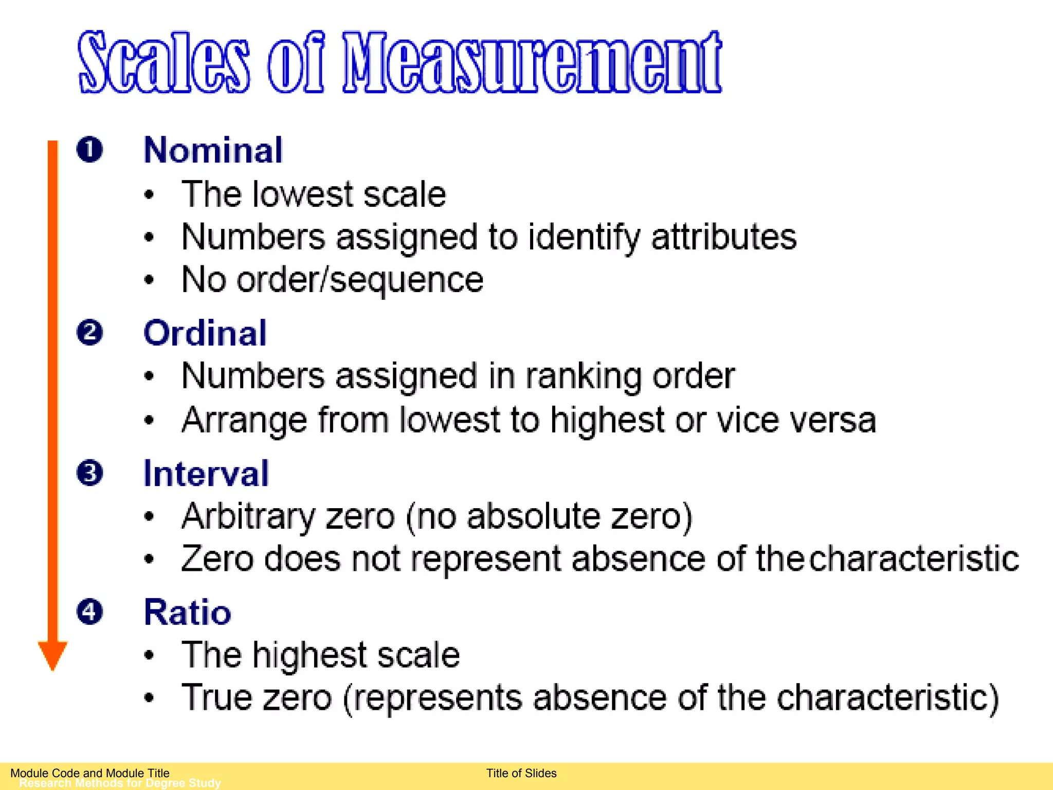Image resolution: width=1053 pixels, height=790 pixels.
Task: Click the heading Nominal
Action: pyautogui.click(x=213, y=150)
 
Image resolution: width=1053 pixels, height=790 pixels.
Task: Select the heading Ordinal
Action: pyautogui.click(x=205, y=333)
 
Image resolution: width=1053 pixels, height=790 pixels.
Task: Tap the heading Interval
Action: pyautogui.click(x=206, y=473)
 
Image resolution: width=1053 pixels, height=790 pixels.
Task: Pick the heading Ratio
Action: pyautogui.click(x=187, y=612)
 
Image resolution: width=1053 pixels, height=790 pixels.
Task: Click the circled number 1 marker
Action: pyautogui.click(x=89, y=150)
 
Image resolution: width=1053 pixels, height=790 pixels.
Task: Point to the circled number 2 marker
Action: pyautogui.click(x=89, y=332)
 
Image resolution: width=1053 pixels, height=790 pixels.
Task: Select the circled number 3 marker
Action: pyautogui.click(x=89, y=473)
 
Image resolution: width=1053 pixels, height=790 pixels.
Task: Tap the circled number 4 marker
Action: pyautogui.click(x=89, y=612)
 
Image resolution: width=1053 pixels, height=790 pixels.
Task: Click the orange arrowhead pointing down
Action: pyautogui.click(x=52, y=654)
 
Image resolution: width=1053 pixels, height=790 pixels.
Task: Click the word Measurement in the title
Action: pyautogui.click(x=532, y=63)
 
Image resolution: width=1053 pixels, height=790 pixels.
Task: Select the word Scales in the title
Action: pyautogui.click(x=164, y=63)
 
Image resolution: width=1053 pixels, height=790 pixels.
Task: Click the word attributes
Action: pyautogui.click(x=724, y=237)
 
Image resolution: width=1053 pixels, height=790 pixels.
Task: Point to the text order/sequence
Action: pyautogui.click(x=360, y=280)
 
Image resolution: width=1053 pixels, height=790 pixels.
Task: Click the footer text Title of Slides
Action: pyautogui.click(x=521, y=773)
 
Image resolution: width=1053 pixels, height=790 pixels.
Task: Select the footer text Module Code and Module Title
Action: pyautogui.click(x=90, y=773)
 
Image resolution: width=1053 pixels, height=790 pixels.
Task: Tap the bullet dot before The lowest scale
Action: pyautogui.click(x=149, y=195)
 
